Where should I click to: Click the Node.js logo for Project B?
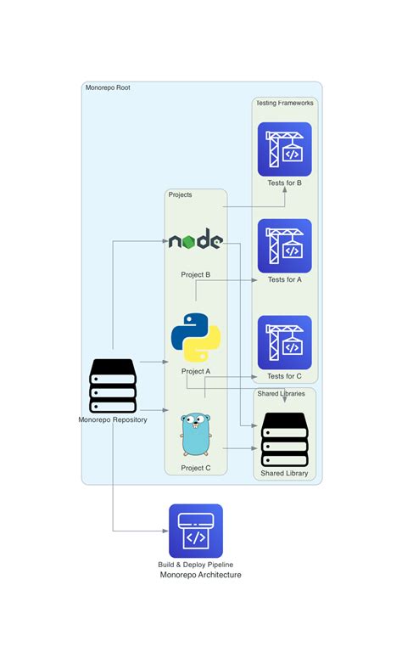tap(195, 242)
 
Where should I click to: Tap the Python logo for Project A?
tap(195, 337)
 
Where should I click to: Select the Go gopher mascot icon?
tap(195, 434)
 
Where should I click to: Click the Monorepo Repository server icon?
tap(113, 385)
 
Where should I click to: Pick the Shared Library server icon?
tap(284, 440)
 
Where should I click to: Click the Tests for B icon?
tap(284, 149)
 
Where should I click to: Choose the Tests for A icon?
tap(284, 246)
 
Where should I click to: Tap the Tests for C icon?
tap(284, 343)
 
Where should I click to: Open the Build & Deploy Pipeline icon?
tap(195, 531)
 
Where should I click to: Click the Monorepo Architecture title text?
tap(200, 575)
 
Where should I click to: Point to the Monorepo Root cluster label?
tap(108, 87)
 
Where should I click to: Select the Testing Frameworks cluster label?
tap(285, 103)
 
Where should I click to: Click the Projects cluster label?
tap(180, 194)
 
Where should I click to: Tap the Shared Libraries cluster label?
tap(281, 393)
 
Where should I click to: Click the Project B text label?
tap(195, 275)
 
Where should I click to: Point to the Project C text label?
tap(195, 468)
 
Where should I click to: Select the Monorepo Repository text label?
tap(113, 419)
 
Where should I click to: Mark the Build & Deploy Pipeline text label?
tap(195, 564)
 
